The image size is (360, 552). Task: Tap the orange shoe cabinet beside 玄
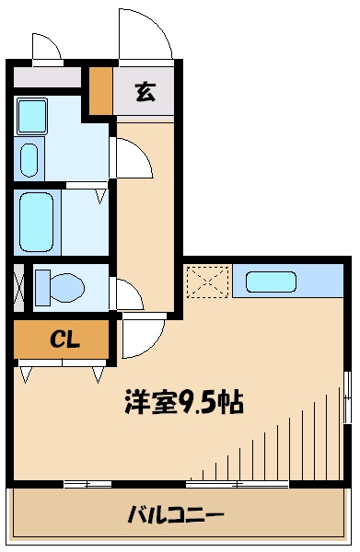pyautogui.click(x=99, y=90)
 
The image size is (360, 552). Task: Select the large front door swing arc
pyautogui.click(x=145, y=35)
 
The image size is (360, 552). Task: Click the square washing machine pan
pyautogui.click(x=35, y=116)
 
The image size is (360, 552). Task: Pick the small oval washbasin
pyautogui.click(x=29, y=159)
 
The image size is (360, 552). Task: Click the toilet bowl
pyautogui.click(x=60, y=286)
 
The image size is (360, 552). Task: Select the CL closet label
pyautogui.click(x=63, y=339)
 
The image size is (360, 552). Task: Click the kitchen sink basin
pyautogui.click(x=272, y=282)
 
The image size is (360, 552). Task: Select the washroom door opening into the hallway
pyautogui.click(x=130, y=159)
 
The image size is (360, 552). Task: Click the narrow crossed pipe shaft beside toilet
pyautogui.click(x=19, y=285)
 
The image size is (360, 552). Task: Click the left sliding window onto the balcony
pyautogui.click(x=87, y=483)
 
